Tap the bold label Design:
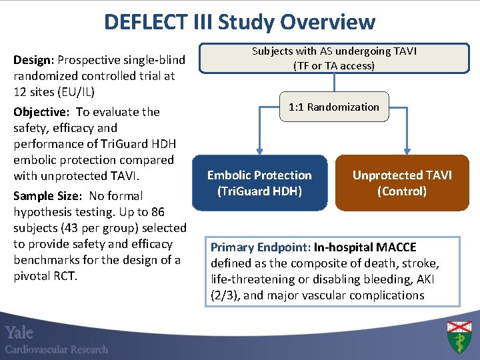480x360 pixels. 35,61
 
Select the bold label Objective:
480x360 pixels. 43,112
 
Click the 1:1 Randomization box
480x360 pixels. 333,107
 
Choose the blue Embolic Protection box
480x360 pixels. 259,183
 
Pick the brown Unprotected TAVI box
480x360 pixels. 402,183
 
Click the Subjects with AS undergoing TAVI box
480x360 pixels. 333,59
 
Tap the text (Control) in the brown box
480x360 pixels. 401,191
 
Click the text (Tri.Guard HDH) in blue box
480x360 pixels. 259,191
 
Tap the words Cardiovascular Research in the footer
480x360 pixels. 57,349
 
